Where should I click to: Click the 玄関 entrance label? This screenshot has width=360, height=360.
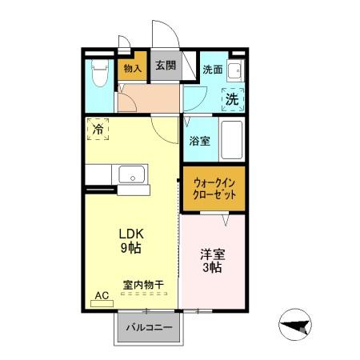click(x=165, y=66)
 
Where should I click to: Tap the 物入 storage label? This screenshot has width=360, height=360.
click(x=133, y=67)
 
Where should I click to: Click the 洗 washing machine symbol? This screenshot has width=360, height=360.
click(x=231, y=100)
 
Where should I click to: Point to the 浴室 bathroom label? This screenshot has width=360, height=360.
click(x=200, y=142)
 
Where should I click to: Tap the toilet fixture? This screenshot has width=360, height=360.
click(x=100, y=74)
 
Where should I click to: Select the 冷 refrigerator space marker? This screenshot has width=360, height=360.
click(x=98, y=129)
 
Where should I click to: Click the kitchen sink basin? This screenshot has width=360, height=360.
click(x=130, y=174)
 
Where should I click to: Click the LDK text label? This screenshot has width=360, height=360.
click(x=131, y=234)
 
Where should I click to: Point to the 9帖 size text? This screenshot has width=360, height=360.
click(x=131, y=248)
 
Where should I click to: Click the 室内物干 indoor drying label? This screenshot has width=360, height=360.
click(x=143, y=284)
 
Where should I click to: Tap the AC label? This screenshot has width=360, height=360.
click(x=102, y=295)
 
